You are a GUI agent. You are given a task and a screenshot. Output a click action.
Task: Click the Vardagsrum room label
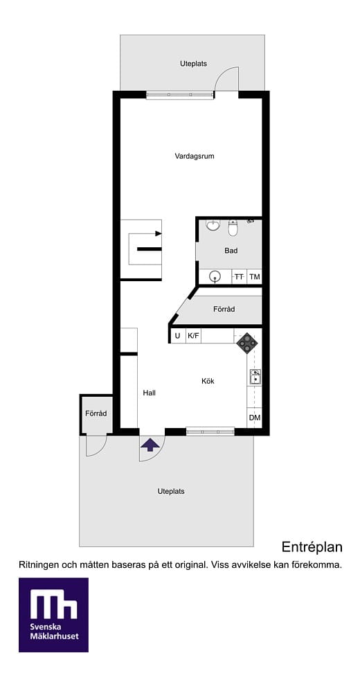click(x=195, y=156)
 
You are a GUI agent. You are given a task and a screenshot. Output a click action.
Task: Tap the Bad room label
click(x=231, y=251)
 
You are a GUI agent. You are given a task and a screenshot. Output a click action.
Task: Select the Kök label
click(x=208, y=381)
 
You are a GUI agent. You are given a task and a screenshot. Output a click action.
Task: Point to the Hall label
click(x=150, y=393)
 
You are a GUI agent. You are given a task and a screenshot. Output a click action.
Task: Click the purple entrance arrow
click(x=150, y=445)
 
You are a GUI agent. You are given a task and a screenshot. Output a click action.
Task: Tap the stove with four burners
click(x=247, y=343)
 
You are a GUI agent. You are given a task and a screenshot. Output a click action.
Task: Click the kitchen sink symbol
click(x=255, y=377)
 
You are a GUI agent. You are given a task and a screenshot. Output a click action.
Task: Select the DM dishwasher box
click(x=255, y=418)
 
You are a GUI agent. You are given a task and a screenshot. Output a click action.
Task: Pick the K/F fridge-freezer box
click(x=193, y=336)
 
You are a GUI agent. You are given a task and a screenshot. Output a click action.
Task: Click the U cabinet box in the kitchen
click(x=178, y=336)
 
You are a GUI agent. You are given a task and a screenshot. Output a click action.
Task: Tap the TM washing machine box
click(x=255, y=276)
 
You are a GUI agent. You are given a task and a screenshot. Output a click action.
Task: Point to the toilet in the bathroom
click(x=233, y=228)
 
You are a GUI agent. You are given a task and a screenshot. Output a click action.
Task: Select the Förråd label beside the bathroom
click(x=224, y=309)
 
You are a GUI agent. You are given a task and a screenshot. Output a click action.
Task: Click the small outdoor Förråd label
click(x=96, y=413)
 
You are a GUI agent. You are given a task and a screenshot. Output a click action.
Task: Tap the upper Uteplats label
click(x=193, y=64)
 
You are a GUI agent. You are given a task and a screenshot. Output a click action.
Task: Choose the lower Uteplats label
click(x=171, y=491)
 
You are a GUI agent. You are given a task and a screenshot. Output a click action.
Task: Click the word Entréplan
click(x=312, y=547)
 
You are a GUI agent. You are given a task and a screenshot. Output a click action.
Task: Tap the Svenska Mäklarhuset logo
click(x=53, y=615)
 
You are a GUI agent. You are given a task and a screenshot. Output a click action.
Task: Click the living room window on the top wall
click(x=180, y=95)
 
